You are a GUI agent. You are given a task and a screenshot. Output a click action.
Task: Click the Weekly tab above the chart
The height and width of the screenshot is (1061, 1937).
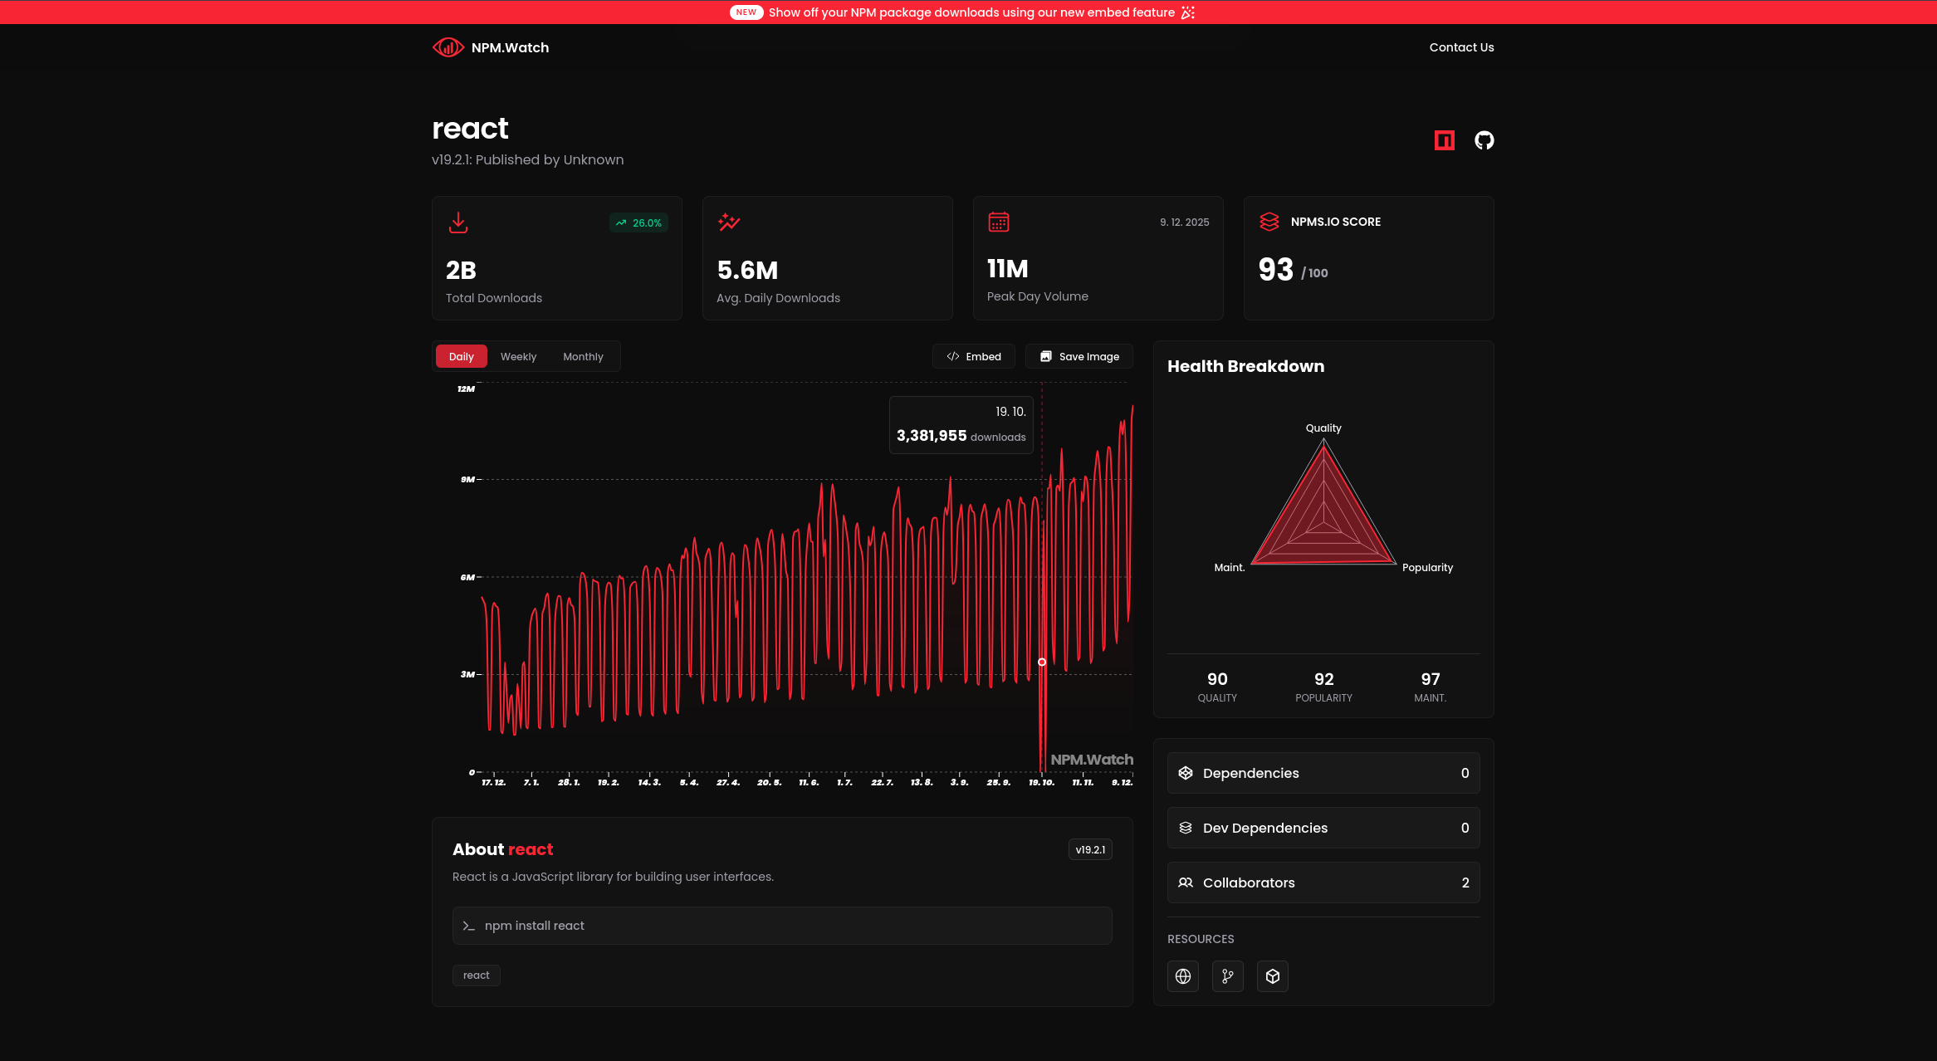tap(518, 357)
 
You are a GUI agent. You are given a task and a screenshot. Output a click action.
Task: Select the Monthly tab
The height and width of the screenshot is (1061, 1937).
tap(583, 357)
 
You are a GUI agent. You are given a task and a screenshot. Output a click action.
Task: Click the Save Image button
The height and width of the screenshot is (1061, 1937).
tap(1079, 357)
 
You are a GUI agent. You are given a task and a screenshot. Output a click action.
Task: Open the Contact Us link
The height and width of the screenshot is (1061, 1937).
tap(1461, 47)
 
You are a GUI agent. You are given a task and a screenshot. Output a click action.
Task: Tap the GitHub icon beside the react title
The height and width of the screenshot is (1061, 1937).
tap(1484, 140)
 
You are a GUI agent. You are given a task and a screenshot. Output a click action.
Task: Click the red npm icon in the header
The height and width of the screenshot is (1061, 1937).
tap(1444, 140)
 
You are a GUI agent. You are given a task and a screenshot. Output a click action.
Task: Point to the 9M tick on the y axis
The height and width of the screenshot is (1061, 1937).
tap(468, 480)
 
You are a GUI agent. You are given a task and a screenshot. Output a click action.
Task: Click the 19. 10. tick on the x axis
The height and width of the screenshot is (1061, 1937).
tap(1041, 782)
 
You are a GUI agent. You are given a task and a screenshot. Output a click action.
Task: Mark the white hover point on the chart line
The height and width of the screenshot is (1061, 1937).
tap(1042, 663)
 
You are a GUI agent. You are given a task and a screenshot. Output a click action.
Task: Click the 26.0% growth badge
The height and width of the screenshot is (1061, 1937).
tap(639, 223)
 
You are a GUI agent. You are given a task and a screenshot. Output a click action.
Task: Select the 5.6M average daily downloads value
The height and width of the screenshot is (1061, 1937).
tap(747, 271)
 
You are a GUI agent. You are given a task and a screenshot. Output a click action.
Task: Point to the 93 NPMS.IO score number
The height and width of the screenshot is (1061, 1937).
tap(1276, 270)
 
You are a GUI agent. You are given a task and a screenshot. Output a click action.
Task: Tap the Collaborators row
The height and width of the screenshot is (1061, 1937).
tap(1323, 883)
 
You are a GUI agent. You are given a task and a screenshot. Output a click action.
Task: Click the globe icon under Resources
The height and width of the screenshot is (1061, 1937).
tap(1183, 976)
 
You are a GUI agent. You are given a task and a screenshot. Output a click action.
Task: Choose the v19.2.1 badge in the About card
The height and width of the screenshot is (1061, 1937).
tap(1090, 849)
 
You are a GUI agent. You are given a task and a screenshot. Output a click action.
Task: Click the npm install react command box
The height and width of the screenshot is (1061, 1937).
tap(781, 926)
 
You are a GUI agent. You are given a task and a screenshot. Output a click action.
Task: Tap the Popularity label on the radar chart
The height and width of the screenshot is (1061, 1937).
tap(1427, 568)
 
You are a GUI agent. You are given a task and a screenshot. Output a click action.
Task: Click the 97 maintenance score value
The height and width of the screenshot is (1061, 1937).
tap(1430, 679)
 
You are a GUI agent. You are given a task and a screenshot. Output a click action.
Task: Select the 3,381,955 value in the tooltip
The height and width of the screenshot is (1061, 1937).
tap(932, 436)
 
